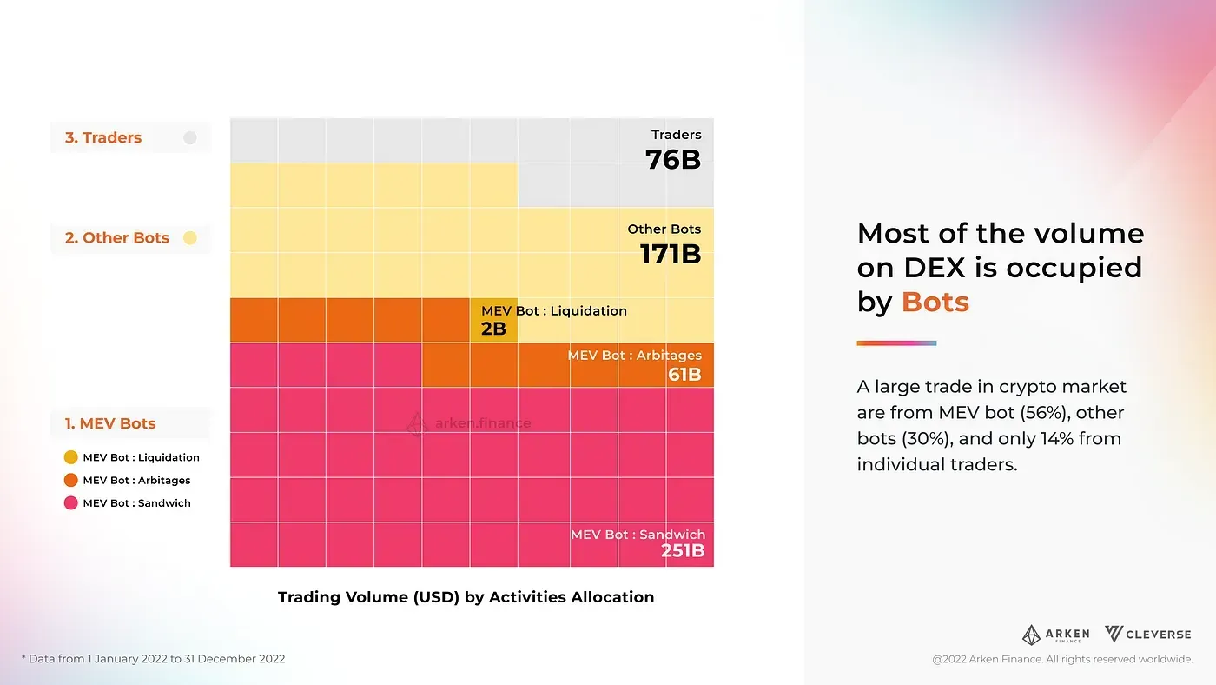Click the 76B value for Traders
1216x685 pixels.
(x=672, y=159)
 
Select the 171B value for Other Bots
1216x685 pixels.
(x=670, y=254)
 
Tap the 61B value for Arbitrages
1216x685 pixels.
(x=684, y=375)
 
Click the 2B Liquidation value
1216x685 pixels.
(x=492, y=329)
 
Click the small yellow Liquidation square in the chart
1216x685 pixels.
(x=493, y=320)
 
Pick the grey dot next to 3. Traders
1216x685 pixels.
(x=190, y=137)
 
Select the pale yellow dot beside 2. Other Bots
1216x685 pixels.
(x=190, y=238)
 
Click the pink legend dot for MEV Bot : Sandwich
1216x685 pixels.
(x=71, y=503)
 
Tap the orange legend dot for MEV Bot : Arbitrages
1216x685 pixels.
(x=71, y=481)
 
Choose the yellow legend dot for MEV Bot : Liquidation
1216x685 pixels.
(x=71, y=457)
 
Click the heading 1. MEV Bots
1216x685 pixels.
(x=110, y=423)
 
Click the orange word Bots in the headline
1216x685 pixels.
(x=935, y=302)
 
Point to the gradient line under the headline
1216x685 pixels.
(x=896, y=343)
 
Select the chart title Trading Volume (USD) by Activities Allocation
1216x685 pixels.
(x=466, y=597)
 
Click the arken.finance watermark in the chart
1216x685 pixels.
(x=469, y=423)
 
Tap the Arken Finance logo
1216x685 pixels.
(x=1055, y=635)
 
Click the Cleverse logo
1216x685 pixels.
(x=1147, y=635)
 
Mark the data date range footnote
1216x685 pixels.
(x=153, y=659)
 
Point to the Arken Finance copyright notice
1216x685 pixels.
(x=1062, y=660)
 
